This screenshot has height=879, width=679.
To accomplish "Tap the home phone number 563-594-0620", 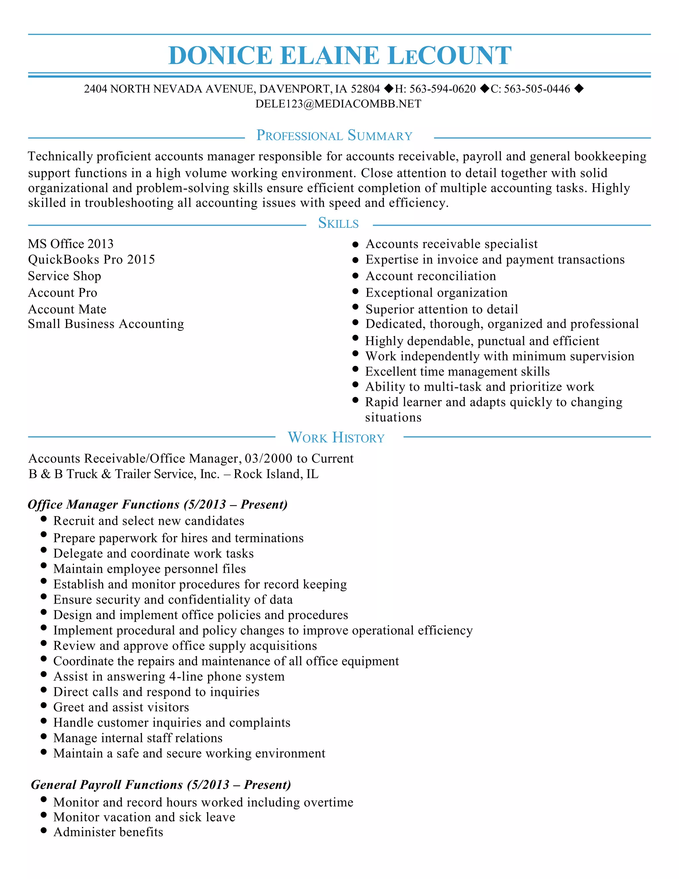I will [443, 89].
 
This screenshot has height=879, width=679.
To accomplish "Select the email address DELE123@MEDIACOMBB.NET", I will [338, 104].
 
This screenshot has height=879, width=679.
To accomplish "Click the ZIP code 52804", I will [365, 89].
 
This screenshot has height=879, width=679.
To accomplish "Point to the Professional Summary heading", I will [334, 136].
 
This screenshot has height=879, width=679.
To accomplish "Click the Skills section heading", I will [338, 223].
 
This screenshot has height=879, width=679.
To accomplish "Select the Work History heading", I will [336, 438].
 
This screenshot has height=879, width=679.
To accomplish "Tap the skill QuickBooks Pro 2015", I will [91, 260].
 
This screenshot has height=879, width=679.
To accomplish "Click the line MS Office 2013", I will [71, 244].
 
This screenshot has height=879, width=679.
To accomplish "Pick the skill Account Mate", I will [67, 309].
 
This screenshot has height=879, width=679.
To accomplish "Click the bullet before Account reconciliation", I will [355, 276].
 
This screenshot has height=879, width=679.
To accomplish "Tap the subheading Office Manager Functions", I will [104, 504].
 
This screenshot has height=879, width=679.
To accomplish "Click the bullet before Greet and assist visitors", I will [44, 705].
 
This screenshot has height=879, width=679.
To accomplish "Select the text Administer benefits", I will [108, 832].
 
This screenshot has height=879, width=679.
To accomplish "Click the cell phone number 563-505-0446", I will [537, 89].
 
